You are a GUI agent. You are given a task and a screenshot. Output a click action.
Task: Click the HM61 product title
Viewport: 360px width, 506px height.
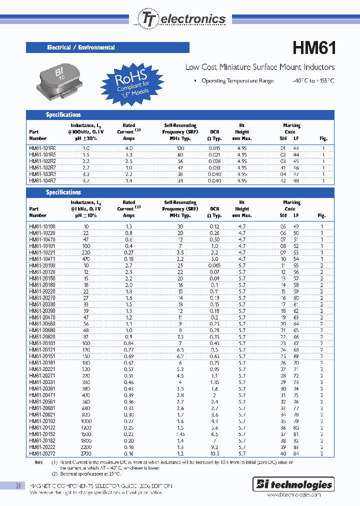pos(313,48)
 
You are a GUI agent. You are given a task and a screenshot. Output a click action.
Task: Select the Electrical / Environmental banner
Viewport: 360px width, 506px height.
pos(107,47)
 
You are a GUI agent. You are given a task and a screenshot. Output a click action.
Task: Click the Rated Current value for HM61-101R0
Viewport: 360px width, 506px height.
pos(129,148)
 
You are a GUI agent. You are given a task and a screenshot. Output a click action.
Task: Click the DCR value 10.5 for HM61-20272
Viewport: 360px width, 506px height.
pos(215,453)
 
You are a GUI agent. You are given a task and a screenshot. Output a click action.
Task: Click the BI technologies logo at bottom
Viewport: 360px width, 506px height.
pos(301,484)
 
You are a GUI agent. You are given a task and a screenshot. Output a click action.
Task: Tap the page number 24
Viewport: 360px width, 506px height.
pos(18,485)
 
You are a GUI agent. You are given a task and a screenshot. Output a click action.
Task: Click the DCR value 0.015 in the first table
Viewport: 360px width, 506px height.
pos(215,148)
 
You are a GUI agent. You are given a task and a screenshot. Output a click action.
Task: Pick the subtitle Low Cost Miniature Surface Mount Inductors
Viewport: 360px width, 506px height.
pos(260,67)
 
